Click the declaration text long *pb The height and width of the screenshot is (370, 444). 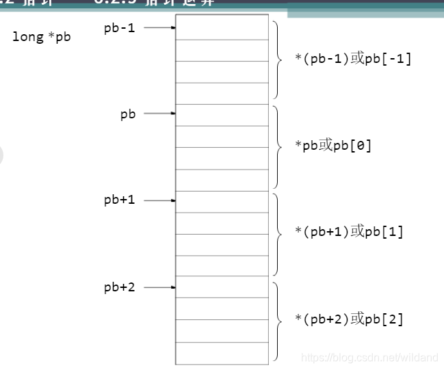(x=41, y=37)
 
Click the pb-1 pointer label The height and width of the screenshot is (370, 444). (x=119, y=28)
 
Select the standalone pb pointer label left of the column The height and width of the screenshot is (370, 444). (x=128, y=114)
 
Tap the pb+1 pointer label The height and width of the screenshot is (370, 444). (x=119, y=200)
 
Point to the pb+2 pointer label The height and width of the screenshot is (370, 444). (x=119, y=287)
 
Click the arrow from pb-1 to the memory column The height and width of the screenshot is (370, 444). (x=160, y=28)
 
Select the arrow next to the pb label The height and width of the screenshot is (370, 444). (x=160, y=114)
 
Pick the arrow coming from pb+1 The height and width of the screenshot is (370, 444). (x=160, y=200)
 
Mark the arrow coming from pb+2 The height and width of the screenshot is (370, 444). (x=160, y=288)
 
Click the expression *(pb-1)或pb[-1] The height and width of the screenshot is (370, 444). (x=353, y=59)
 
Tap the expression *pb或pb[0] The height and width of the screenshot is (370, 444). (x=333, y=146)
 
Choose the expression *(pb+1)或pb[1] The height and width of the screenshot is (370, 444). (x=349, y=232)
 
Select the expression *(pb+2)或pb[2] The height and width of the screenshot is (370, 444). (x=349, y=319)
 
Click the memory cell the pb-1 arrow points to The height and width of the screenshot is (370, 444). (x=222, y=27)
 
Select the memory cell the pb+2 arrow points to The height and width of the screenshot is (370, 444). (x=222, y=287)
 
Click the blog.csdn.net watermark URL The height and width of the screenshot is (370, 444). (x=369, y=358)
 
